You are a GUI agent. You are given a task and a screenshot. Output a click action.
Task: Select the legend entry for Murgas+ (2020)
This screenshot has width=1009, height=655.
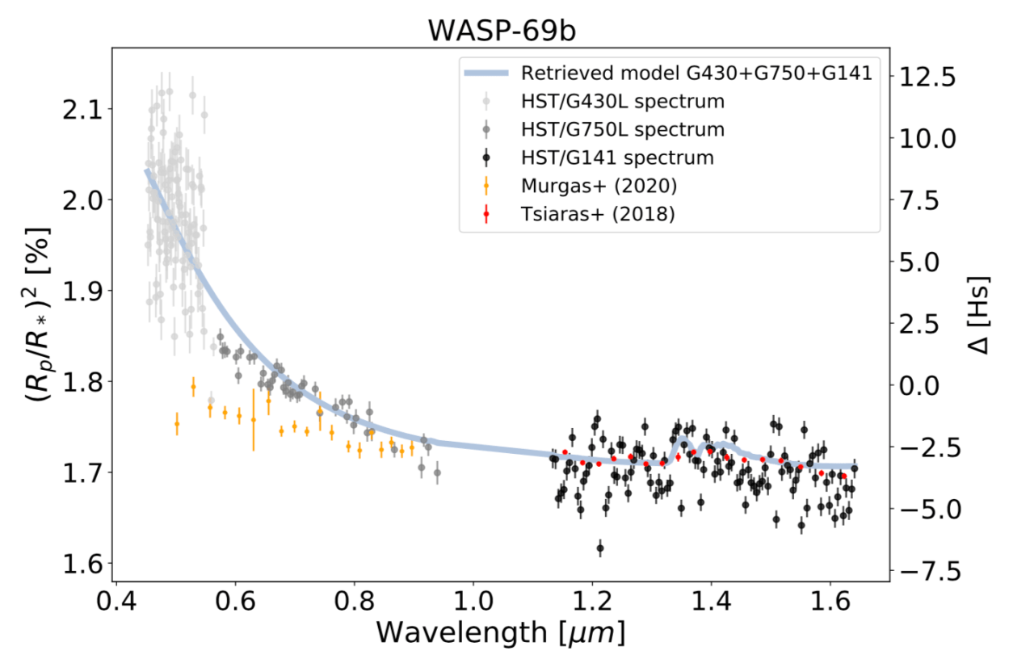pyautogui.click(x=599, y=186)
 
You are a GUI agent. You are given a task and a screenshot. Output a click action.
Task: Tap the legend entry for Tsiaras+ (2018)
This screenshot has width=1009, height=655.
pyautogui.click(x=599, y=214)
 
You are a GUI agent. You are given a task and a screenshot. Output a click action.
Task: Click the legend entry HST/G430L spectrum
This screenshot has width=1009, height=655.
pyautogui.click(x=622, y=101)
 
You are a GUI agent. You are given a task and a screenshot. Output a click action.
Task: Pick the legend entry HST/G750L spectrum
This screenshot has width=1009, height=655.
pyautogui.click(x=622, y=129)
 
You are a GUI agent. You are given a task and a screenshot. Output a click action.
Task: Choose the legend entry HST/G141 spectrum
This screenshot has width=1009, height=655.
pyautogui.click(x=617, y=157)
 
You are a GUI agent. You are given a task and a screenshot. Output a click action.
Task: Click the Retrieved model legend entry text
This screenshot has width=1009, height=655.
pyautogui.click(x=696, y=73)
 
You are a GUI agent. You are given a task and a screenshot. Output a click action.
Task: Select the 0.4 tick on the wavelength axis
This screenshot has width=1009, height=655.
pyautogui.click(x=116, y=603)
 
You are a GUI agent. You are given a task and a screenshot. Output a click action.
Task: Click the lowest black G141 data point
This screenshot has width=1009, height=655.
pyautogui.click(x=599, y=548)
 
